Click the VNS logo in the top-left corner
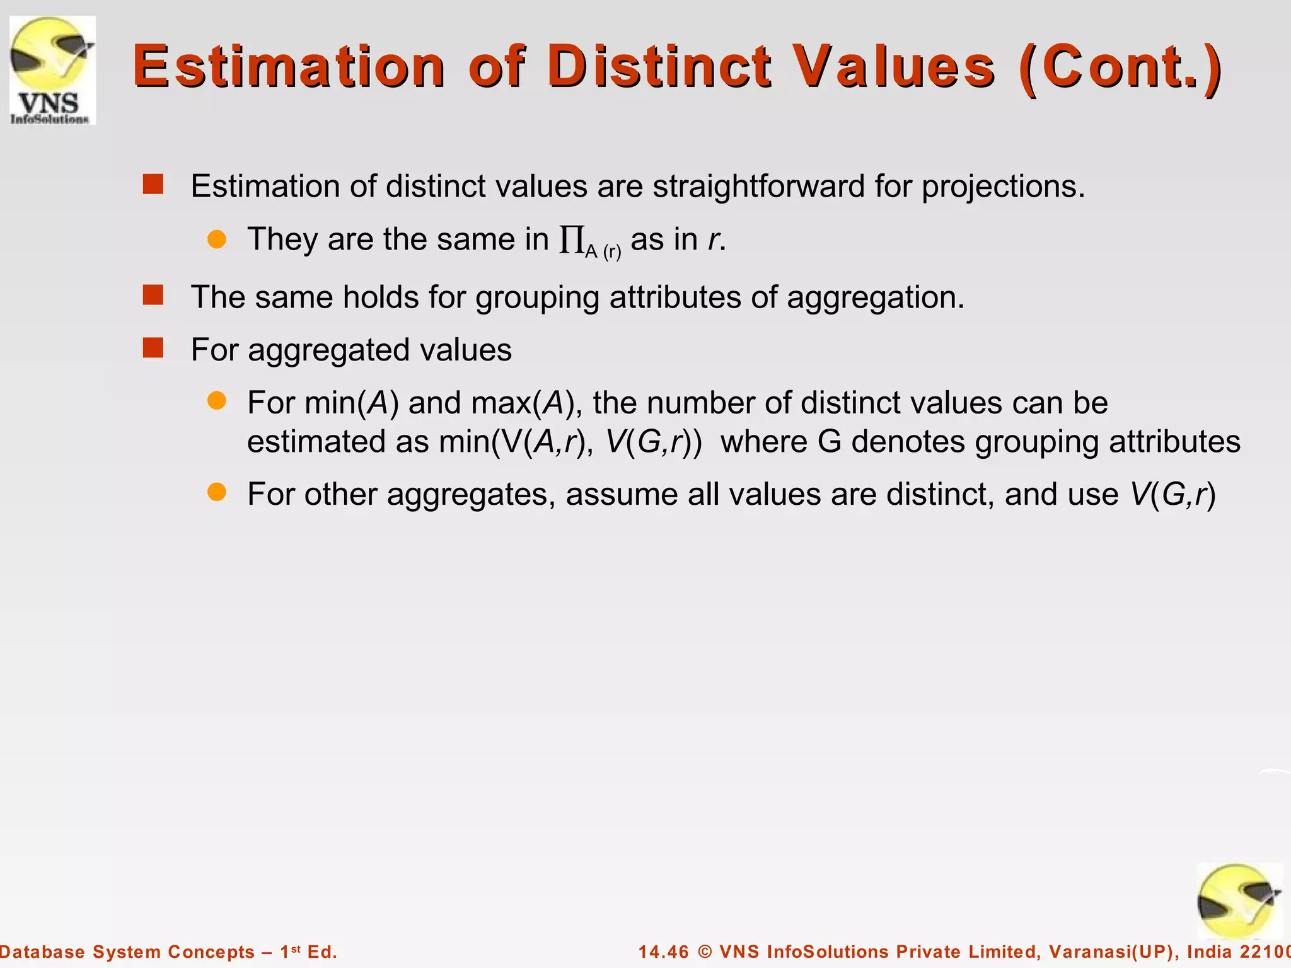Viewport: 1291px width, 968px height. [53, 70]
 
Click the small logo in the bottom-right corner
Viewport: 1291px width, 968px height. [1239, 901]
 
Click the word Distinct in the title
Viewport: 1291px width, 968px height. [659, 66]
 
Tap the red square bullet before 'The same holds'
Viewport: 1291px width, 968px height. [153, 295]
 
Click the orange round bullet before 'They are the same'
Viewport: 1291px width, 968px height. [217, 239]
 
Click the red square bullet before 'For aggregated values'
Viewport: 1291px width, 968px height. [153, 348]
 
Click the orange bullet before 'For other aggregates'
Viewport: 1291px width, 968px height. [217, 492]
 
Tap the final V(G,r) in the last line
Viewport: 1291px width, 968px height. [1172, 494]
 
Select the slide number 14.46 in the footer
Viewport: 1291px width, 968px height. [664, 952]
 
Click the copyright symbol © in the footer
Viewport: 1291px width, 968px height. [705, 952]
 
